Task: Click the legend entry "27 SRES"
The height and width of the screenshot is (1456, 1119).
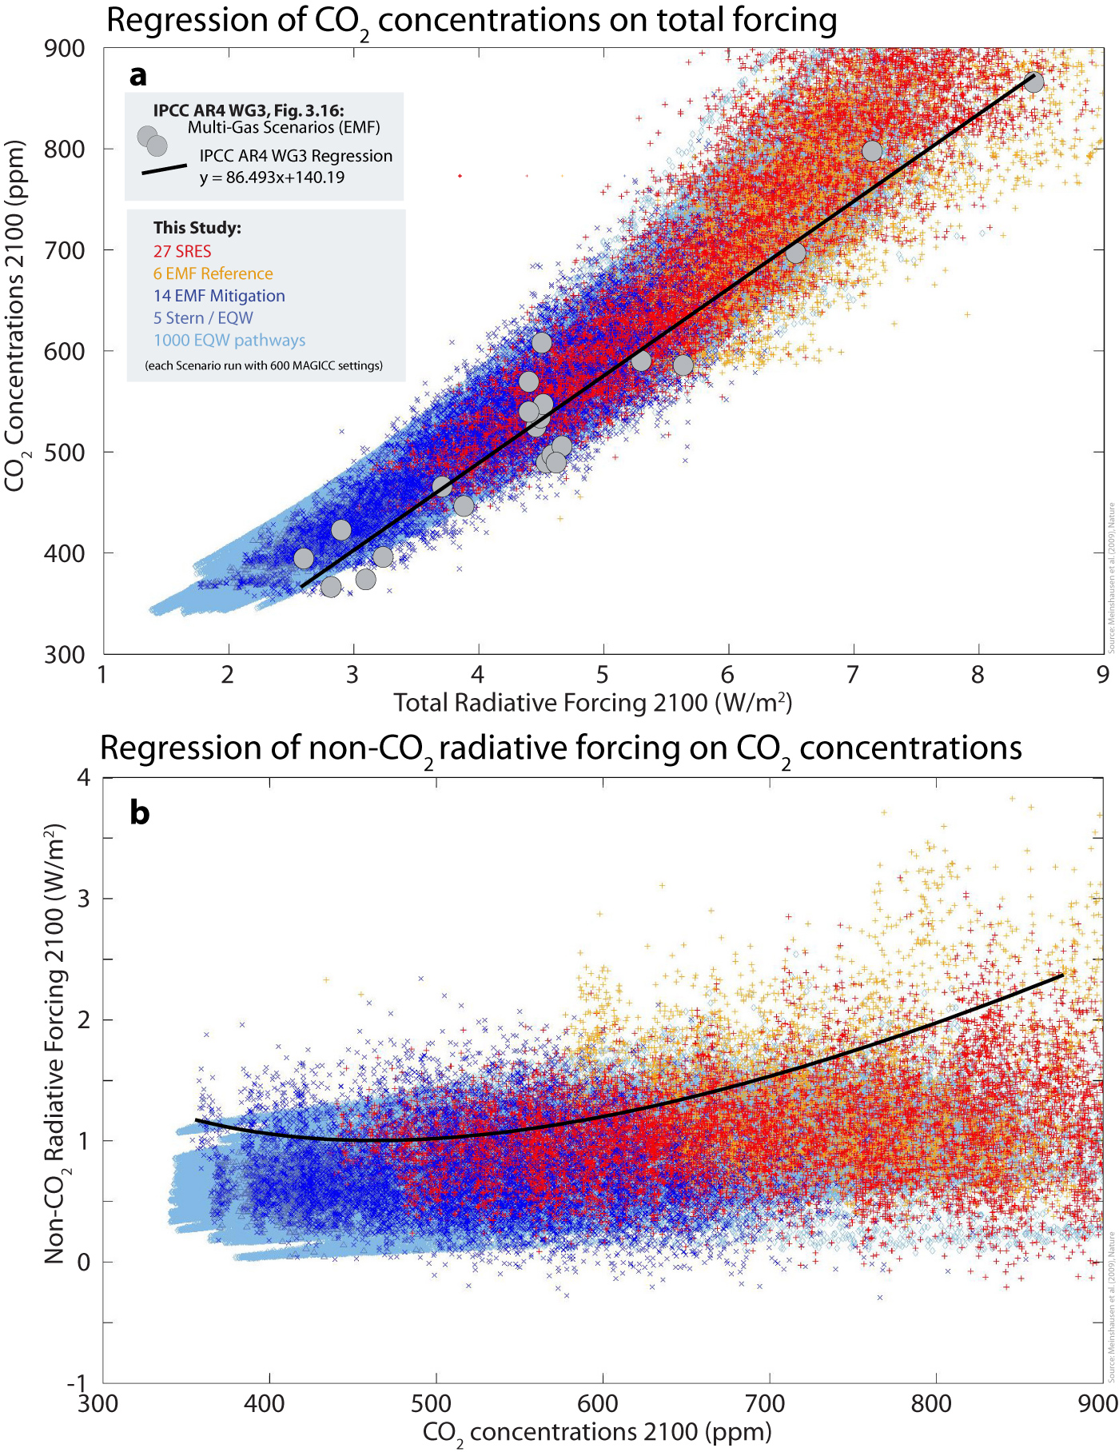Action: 182,251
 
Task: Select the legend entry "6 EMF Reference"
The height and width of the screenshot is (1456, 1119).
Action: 213,273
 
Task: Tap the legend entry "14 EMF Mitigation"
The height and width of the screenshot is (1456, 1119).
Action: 219,296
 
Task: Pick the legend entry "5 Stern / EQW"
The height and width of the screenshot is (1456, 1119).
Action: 203,318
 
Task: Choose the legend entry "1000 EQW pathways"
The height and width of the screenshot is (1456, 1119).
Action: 229,341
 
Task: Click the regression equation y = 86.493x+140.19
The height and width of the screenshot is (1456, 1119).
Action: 273,178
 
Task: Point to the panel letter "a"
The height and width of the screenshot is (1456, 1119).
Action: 138,75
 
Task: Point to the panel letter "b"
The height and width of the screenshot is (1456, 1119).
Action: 139,812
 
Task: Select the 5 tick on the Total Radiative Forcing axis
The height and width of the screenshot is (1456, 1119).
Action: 603,675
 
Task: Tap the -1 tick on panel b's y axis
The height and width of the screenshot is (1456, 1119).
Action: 77,1384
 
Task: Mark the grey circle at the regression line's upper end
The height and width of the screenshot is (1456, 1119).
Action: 1033,82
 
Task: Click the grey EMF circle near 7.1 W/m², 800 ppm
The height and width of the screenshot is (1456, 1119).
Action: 872,150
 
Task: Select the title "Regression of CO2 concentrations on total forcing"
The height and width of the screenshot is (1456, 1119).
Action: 472,21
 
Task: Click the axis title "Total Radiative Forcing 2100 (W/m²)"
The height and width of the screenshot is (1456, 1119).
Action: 592,703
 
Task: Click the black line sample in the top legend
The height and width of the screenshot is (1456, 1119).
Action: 165,169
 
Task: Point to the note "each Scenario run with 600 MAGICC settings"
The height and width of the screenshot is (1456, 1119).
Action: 264,365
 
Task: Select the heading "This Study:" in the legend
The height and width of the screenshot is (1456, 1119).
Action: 197,228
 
